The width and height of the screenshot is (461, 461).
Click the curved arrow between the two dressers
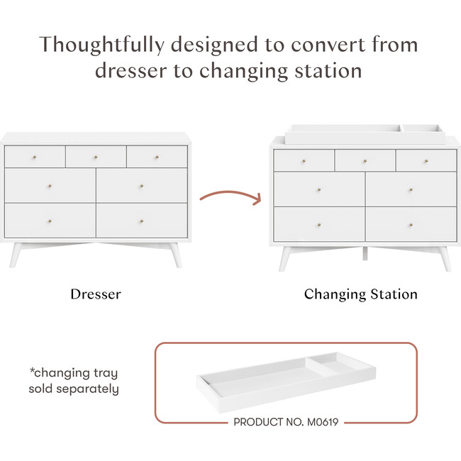pos(229,196)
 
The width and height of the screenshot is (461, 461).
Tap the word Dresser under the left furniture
pos(95,294)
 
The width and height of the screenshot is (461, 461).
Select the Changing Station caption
pos(360,294)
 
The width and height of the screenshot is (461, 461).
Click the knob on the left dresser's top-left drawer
pos(34,156)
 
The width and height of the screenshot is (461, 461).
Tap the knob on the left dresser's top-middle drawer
pos(96,156)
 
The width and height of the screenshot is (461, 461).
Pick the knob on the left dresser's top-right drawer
pos(157,156)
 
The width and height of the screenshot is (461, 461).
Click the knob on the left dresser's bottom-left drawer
pos(50,221)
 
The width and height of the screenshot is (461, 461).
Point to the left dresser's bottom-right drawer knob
pos(141,221)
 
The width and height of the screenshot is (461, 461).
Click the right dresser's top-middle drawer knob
pos(365,160)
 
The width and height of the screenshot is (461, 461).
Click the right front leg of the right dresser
pos(442,260)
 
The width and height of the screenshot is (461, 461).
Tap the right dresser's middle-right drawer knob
pos(411,189)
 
